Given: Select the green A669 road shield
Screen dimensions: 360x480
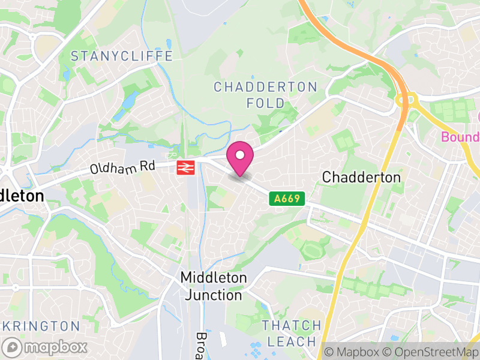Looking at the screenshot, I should coord(287,198).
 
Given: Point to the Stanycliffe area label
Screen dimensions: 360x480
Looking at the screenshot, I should coord(122,56).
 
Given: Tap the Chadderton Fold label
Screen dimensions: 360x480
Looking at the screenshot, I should coord(265,95).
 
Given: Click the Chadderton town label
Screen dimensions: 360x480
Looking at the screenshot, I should coord(361,177).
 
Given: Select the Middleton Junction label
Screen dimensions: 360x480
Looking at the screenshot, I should coord(214,286).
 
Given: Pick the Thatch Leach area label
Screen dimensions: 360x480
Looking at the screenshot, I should coord(292,334).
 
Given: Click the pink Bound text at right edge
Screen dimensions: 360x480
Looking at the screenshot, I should coord(460,137).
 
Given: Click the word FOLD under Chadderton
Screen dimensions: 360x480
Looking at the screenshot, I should coord(266,103).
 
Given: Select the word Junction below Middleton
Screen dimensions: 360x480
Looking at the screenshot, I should coord(214,295).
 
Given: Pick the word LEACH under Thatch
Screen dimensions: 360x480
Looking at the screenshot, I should coord(292,342).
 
